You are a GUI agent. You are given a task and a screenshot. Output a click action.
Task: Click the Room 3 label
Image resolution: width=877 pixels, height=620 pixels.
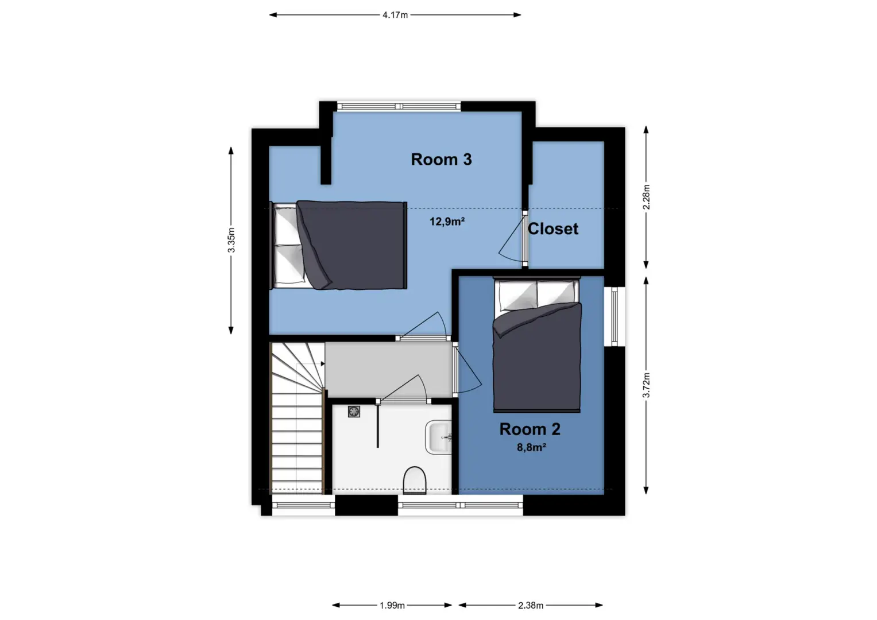point(441,160)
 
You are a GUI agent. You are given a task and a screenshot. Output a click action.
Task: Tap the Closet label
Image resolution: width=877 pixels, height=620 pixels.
point(553,229)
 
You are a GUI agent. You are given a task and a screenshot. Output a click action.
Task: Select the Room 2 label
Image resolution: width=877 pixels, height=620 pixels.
point(530,429)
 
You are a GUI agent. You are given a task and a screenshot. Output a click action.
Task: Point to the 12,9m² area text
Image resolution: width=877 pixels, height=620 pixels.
point(447,222)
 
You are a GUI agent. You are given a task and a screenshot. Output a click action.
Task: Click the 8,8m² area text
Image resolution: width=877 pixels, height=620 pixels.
point(531,447)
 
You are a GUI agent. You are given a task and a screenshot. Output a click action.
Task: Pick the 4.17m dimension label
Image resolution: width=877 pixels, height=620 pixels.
point(395,15)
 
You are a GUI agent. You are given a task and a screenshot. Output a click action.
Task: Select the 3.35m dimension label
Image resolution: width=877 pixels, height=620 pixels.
point(231,240)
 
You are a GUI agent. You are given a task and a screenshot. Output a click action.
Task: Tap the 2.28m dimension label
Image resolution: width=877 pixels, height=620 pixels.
point(646,197)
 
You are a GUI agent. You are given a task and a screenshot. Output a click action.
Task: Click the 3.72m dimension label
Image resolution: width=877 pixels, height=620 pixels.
point(646,385)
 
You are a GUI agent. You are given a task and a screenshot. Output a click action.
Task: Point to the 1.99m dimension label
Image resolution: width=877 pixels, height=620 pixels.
point(392,606)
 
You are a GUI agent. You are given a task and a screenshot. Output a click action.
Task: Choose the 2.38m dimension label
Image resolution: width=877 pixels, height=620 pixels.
point(531,606)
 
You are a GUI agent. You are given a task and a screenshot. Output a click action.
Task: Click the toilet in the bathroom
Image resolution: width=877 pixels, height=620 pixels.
point(415,480)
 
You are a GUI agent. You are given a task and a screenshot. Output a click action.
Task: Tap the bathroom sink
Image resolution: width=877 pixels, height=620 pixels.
point(439,437)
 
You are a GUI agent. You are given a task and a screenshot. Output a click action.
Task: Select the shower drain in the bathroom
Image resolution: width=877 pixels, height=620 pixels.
point(354,412)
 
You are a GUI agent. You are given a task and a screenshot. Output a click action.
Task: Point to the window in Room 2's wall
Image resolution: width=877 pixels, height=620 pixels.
point(615,316)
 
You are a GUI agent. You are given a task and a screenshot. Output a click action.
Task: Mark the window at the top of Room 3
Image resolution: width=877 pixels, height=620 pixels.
point(399,106)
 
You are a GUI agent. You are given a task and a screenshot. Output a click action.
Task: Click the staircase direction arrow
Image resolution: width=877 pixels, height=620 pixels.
point(323,363)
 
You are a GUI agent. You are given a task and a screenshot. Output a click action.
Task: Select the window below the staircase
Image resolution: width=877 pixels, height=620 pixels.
point(303,505)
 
